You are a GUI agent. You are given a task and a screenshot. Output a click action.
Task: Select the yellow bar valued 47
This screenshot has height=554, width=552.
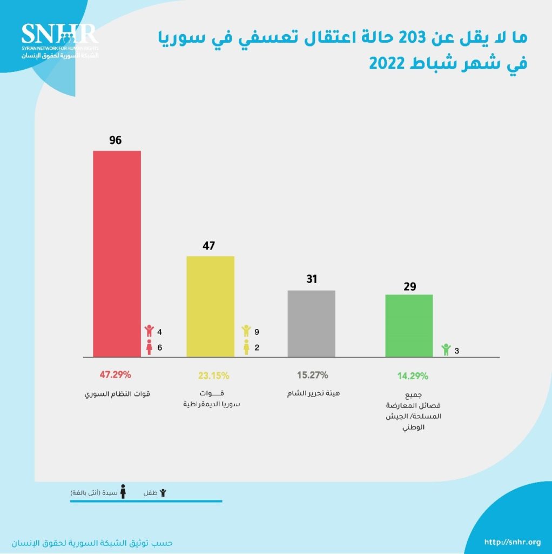coord(210,306)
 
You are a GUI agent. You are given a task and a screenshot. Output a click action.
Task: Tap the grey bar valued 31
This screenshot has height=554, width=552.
coord(312,324)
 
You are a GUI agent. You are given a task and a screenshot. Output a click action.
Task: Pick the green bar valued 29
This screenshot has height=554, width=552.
coord(409,325)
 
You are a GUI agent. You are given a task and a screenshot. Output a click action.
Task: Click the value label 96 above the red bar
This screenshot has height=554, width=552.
coord(115,140)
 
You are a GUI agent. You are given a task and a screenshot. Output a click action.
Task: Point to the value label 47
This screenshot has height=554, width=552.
coord(209,246)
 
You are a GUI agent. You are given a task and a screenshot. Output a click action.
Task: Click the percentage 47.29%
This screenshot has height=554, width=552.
coord(115,374)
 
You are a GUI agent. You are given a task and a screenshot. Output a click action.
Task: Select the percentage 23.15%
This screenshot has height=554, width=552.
coord(211,375)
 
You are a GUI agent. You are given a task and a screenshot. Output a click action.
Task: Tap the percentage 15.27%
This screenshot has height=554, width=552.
coord(312,374)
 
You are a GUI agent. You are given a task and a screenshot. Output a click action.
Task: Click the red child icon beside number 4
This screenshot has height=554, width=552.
coord(150,331)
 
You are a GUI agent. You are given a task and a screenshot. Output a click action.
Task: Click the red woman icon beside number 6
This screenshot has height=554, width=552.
coord(150,348)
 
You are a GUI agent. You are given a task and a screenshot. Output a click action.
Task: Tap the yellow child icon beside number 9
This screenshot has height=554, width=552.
coord(246,331)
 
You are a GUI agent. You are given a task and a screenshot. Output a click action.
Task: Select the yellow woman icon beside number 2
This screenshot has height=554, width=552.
coord(246,347)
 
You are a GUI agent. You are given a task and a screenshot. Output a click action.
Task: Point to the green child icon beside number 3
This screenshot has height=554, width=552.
coord(446,350)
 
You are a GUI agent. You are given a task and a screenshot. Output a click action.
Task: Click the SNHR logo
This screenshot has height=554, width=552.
coord(59,41)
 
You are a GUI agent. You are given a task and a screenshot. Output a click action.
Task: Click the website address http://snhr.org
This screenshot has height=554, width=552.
coord(512,542)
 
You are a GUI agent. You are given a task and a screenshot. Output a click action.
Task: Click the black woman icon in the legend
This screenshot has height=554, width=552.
coord(123,492)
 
